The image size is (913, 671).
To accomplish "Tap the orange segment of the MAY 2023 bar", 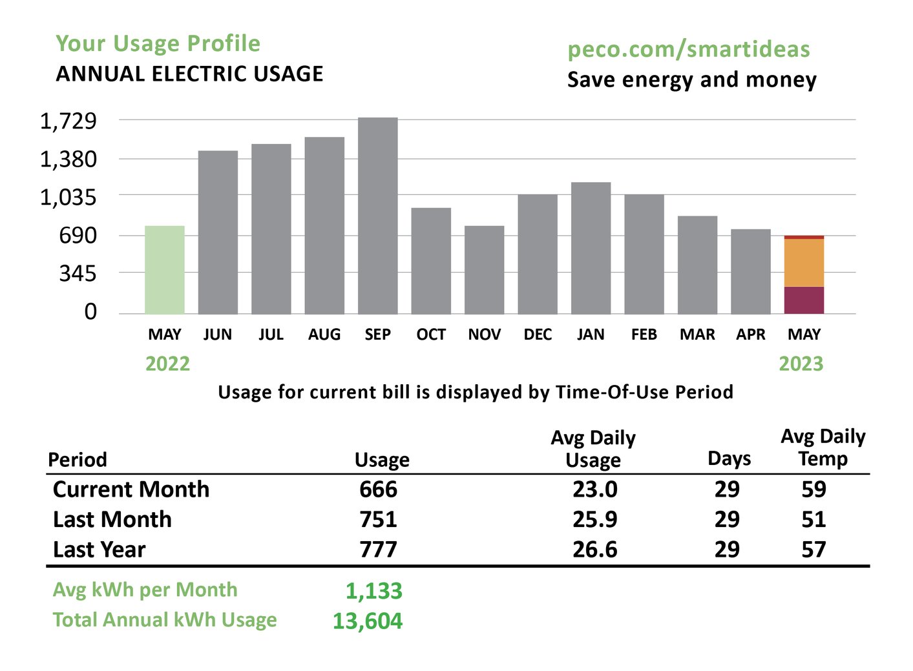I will coord(804,262).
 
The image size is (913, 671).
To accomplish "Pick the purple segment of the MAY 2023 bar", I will coord(804,300).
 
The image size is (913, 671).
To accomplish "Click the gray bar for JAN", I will coord(591,248).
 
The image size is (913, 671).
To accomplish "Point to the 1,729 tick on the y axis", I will coord(68,121).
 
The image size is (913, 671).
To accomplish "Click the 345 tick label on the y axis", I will coord(78,274).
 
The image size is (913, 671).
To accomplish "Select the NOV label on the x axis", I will coord(484,335).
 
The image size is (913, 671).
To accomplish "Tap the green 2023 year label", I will coord(801,364).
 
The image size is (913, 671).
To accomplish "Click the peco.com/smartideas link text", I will coord(688,50).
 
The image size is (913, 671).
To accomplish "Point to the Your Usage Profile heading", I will coord(158,44).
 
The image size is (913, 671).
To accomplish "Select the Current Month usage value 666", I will coord(378,490).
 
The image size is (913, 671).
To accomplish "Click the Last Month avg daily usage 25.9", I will coord(594,519).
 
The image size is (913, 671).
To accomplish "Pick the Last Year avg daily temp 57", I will coord(813,550).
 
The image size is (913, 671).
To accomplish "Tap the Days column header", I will coord(729,459).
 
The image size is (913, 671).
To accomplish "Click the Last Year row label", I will coord(99,550).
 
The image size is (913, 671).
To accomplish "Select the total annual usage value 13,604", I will coord(367,621).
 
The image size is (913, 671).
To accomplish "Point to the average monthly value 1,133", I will coord(373,591).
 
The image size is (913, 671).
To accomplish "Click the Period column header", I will coord(78,460).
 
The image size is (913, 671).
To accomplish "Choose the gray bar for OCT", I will coord(431,261).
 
